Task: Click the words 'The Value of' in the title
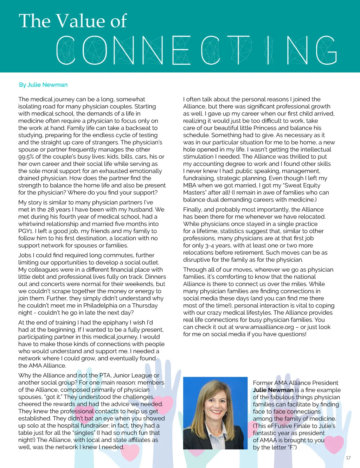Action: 73,21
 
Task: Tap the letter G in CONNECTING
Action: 326,50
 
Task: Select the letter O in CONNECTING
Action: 95,50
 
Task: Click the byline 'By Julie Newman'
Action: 43,85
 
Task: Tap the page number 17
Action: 348,457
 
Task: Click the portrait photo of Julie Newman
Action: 215,413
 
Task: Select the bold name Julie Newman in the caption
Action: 273,390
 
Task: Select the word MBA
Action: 189,185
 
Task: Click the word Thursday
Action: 144,305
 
